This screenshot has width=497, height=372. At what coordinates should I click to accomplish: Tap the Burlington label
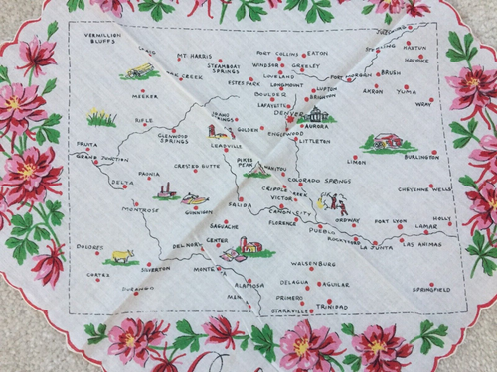click(x=420, y=156)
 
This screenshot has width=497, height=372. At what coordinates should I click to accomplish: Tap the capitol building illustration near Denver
click(x=320, y=116)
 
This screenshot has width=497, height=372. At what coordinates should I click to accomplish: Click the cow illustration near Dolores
click(x=122, y=257)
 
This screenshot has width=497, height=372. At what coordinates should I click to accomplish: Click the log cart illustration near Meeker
click(x=141, y=72)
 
